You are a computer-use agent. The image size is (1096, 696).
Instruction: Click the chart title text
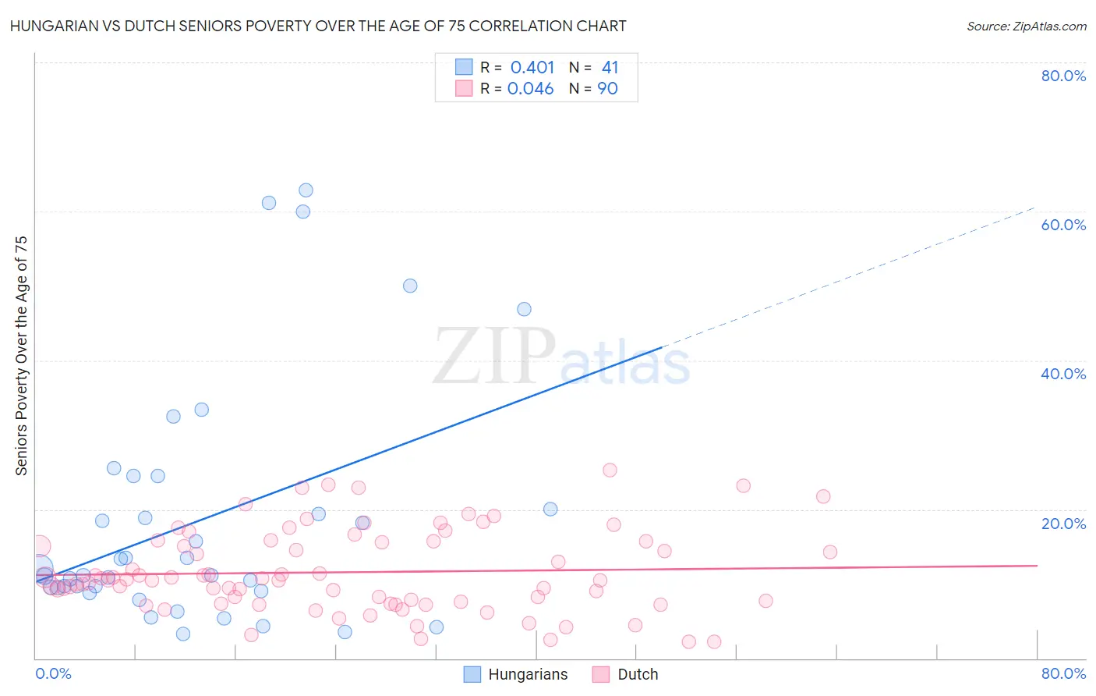(318, 27)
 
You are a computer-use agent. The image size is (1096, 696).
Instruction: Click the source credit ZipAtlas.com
(1026, 27)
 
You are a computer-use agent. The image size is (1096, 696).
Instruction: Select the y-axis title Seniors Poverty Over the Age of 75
(21, 356)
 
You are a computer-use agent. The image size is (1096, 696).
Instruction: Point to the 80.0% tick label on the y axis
(1063, 76)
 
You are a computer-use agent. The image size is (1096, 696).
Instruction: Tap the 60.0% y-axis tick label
(1063, 225)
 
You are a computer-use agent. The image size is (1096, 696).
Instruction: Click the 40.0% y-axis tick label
(1063, 374)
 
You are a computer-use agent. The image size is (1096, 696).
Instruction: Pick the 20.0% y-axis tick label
(1063, 523)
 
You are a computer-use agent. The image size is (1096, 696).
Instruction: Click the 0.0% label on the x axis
(53, 673)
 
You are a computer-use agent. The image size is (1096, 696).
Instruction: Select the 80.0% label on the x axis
(1063, 673)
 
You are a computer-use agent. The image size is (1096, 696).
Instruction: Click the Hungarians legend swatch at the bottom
(472, 674)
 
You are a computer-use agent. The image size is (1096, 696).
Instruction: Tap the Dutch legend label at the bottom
(638, 674)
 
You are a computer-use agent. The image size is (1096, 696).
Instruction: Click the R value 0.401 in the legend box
(532, 68)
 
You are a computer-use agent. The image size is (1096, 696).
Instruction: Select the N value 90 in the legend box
(607, 89)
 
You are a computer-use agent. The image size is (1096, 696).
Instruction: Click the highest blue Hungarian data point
(306, 190)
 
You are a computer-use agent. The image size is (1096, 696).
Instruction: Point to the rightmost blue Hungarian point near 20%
(550, 510)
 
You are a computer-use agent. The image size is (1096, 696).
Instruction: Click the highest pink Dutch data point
(610, 470)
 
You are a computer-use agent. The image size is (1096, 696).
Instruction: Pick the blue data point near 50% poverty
(410, 286)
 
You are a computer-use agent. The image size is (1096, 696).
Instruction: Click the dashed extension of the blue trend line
(850, 276)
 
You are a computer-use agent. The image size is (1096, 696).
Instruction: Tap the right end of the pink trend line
(1036, 565)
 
